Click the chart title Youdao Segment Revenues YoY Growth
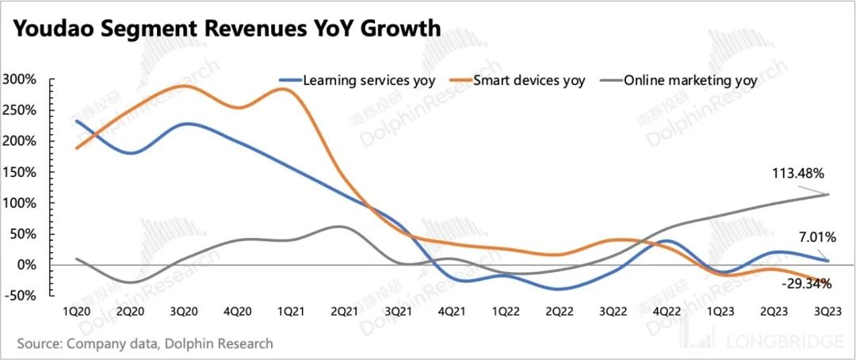click(x=226, y=30)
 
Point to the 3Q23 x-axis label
click(x=827, y=312)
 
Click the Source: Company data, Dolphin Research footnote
click(x=144, y=343)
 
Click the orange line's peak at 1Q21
click(x=285, y=89)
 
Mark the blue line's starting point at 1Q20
click(x=76, y=121)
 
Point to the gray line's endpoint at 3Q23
click(x=827, y=194)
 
